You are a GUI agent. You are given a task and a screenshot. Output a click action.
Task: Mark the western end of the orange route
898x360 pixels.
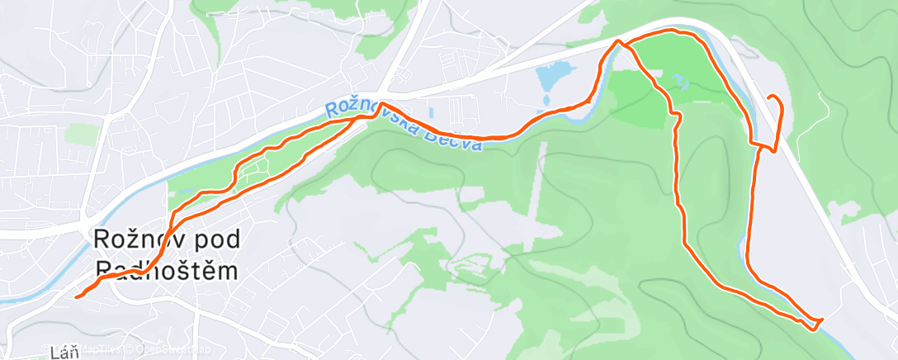click(x=77, y=296)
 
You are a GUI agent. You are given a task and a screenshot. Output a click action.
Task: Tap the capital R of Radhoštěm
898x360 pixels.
click(x=104, y=270)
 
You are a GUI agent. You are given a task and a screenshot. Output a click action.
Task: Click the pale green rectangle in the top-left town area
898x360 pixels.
click(x=82, y=134)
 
